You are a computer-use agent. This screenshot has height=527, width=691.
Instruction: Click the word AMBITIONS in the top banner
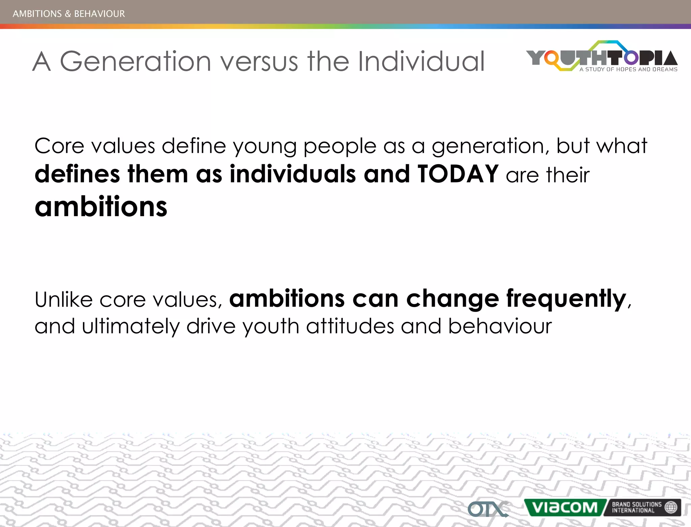(37, 14)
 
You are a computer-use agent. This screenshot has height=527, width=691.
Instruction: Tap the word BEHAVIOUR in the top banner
(99, 14)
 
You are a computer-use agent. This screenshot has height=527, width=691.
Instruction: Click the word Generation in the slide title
(135, 61)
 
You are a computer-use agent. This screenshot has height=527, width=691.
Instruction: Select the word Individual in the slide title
(421, 61)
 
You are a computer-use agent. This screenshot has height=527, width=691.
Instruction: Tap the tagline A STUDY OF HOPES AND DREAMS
(628, 69)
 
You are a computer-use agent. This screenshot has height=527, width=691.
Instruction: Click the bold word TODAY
(458, 174)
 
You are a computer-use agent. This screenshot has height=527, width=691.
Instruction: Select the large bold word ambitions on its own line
(101, 206)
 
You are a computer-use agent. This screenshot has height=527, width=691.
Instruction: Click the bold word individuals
(293, 174)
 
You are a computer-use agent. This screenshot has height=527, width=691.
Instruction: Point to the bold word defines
(77, 174)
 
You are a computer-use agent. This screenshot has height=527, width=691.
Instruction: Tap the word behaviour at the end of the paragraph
(500, 326)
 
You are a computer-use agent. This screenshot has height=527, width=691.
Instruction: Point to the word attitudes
(350, 326)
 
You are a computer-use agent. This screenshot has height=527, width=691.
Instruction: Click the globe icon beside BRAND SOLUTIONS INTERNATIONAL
(670, 507)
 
